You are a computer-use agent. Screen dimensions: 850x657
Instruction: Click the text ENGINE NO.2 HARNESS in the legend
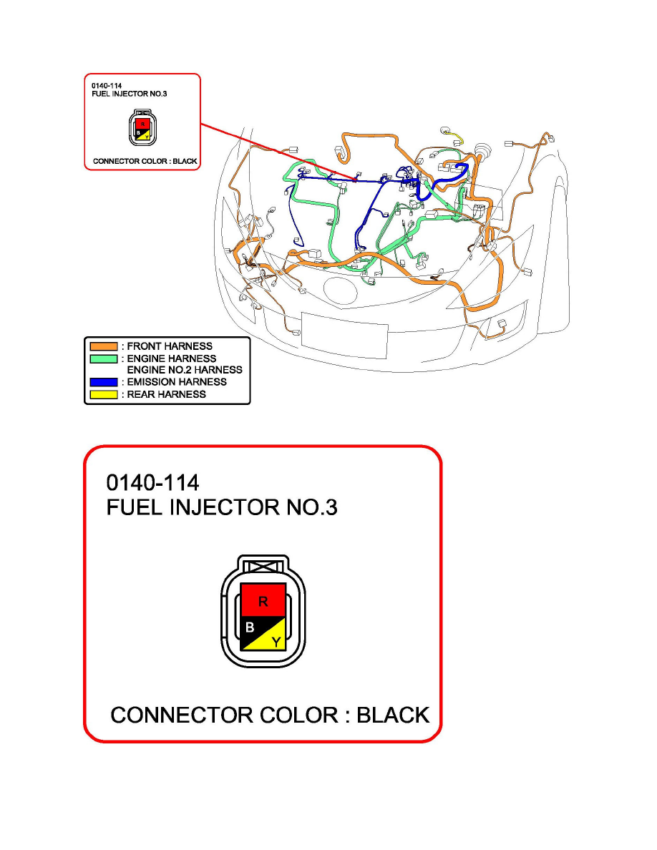(x=185, y=370)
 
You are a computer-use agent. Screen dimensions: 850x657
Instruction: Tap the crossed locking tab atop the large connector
(x=264, y=567)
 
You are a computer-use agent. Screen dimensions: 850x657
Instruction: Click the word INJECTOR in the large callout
(x=218, y=507)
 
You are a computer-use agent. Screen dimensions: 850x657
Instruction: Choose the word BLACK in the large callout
(x=393, y=715)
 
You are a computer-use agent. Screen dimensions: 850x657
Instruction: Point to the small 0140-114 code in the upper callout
(x=107, y=85)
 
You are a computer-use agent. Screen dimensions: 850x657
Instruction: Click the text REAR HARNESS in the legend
(x=166, y=394)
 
